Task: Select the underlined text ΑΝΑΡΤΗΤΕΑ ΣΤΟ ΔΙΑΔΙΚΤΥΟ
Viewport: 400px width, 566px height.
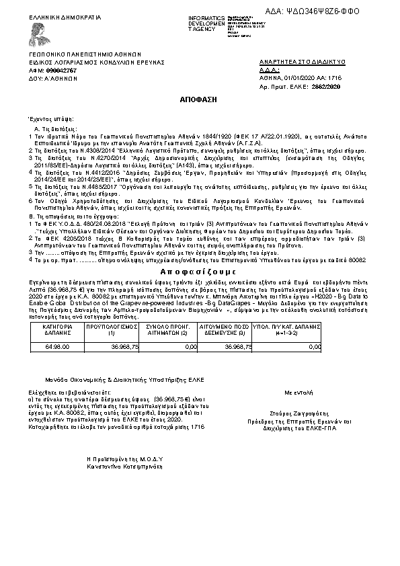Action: pos(302,62)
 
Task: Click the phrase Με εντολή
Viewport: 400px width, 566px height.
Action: pos(298,391)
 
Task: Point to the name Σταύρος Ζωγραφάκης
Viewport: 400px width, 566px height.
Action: pos(298,415)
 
